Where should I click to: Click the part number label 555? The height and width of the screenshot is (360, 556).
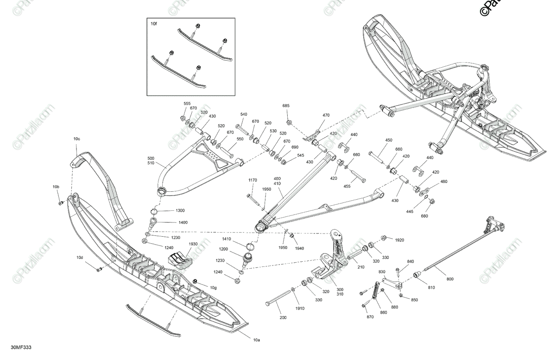click(187, 103)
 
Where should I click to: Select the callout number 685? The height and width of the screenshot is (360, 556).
click(286, 106)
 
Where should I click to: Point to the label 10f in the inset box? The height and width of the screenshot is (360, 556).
click(154, 23)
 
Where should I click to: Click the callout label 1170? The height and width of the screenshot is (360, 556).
click(253, 180)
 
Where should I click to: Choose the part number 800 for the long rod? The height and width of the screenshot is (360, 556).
click(450, 278)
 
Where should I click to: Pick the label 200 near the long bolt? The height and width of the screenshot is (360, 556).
click(283, 318)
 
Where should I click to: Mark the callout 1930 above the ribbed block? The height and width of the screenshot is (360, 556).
click(193, 244)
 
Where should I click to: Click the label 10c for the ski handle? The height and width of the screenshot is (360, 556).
click(76, 139)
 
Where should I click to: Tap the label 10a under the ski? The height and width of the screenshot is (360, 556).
click(256, 340)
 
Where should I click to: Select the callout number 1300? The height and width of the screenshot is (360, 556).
click(180, 210)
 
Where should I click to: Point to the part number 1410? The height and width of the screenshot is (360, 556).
click(226, 239)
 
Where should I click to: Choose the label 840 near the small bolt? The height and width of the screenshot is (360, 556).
click(411, 262)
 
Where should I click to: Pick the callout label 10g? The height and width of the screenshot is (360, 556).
click(213, 288)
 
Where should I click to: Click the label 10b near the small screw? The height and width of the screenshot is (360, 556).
click(56, 187)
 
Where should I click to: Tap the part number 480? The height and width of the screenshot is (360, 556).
click(444, 182)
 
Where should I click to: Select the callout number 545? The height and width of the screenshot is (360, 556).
click(301, 155)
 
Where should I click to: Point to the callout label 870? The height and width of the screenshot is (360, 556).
click(370, 316)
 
